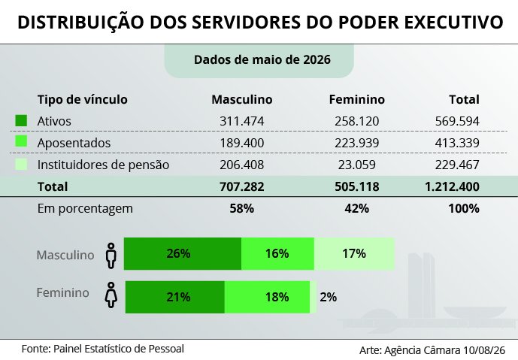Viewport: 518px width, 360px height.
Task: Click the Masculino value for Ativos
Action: pos(242,121)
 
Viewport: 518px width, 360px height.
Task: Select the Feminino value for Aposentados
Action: pos(357,143)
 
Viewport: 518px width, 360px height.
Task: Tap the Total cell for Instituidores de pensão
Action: pos(457,165)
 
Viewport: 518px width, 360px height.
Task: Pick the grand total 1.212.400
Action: pos(452,186)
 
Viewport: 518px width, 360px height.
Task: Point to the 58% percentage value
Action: pos(242,208)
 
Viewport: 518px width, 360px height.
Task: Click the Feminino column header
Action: pos(357,99)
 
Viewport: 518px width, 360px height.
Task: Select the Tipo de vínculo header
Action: pos(82,99)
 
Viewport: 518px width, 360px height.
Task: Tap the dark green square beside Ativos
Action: pos(21,120)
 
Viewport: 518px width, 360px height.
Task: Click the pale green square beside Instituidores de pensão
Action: pos(21,164)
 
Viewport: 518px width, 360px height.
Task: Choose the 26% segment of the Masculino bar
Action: pos(183,253)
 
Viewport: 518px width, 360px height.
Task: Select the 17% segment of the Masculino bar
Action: pos(354,253)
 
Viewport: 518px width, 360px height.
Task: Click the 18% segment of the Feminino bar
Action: pos(267,298)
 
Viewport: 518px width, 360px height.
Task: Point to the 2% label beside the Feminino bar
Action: pos(328,298)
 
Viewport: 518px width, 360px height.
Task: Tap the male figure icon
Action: pos(111,256)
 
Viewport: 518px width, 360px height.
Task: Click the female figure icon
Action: pos(111,295)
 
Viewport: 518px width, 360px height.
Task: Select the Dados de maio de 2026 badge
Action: pos(259,60)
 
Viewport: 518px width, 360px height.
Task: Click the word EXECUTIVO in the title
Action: pos(453,22)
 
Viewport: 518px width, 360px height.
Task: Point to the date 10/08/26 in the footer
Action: pos(484,350)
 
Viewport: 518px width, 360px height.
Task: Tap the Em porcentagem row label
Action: pos(85,209)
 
